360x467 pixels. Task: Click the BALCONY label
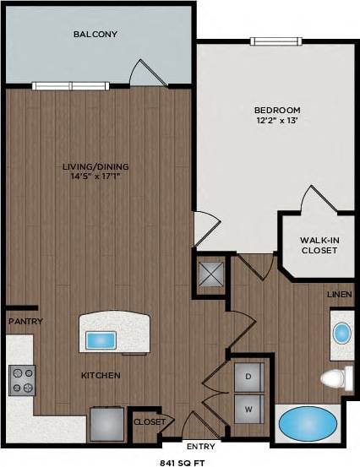tap(95, 35)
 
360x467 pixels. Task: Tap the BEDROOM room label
tap(276, 110)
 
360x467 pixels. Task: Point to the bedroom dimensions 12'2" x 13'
tap(276, 122)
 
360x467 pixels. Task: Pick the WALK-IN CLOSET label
tap(319, 246)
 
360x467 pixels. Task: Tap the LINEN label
tap(341, 294)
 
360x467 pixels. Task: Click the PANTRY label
tap(25, 322)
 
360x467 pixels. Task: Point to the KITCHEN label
tap(101, 375)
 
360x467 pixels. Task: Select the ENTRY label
tap(201, 445)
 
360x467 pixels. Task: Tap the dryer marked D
tap(249, 376)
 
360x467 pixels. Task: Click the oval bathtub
tap(306, 424)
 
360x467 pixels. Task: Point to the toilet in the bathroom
tap(337, 377)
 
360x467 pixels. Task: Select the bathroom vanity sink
tap(341, 332)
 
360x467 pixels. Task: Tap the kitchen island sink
tap(101, 340)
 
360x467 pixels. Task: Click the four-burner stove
tap(22, 380)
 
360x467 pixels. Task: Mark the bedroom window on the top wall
tap(275, 41)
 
